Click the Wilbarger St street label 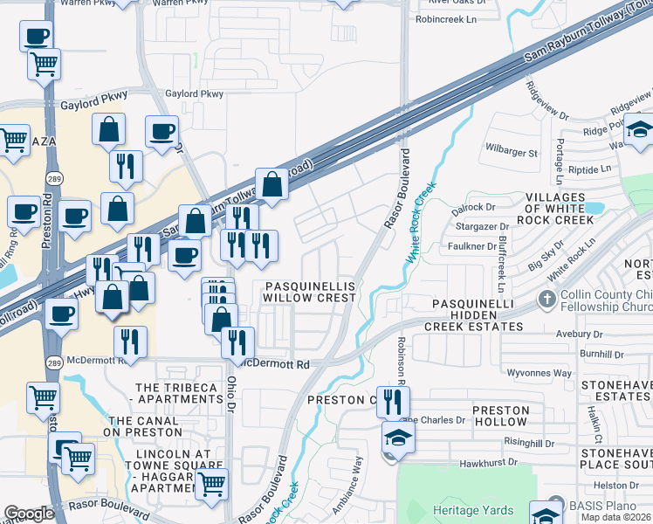512,153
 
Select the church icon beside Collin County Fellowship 546,300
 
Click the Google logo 29,514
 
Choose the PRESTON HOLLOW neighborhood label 500,417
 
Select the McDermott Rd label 278,363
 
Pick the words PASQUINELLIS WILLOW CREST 311,292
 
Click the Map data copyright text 616,517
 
